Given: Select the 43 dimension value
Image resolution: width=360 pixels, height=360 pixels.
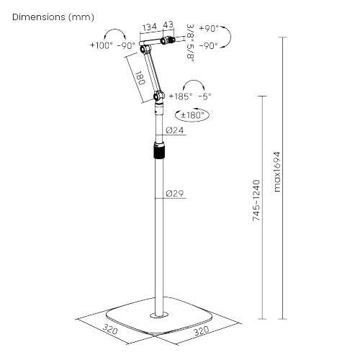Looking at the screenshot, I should pos(168,26).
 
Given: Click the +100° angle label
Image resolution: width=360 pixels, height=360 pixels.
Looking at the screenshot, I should pos(102,45).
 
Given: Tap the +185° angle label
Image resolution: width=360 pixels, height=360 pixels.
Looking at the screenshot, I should pos(181,95).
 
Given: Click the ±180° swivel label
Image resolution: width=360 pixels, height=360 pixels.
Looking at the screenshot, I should pos(192,114).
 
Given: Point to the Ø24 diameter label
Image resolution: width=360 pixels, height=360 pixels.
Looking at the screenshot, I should pos(175,130).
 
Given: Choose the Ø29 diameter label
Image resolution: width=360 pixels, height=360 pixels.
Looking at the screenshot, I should pos(175,194).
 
